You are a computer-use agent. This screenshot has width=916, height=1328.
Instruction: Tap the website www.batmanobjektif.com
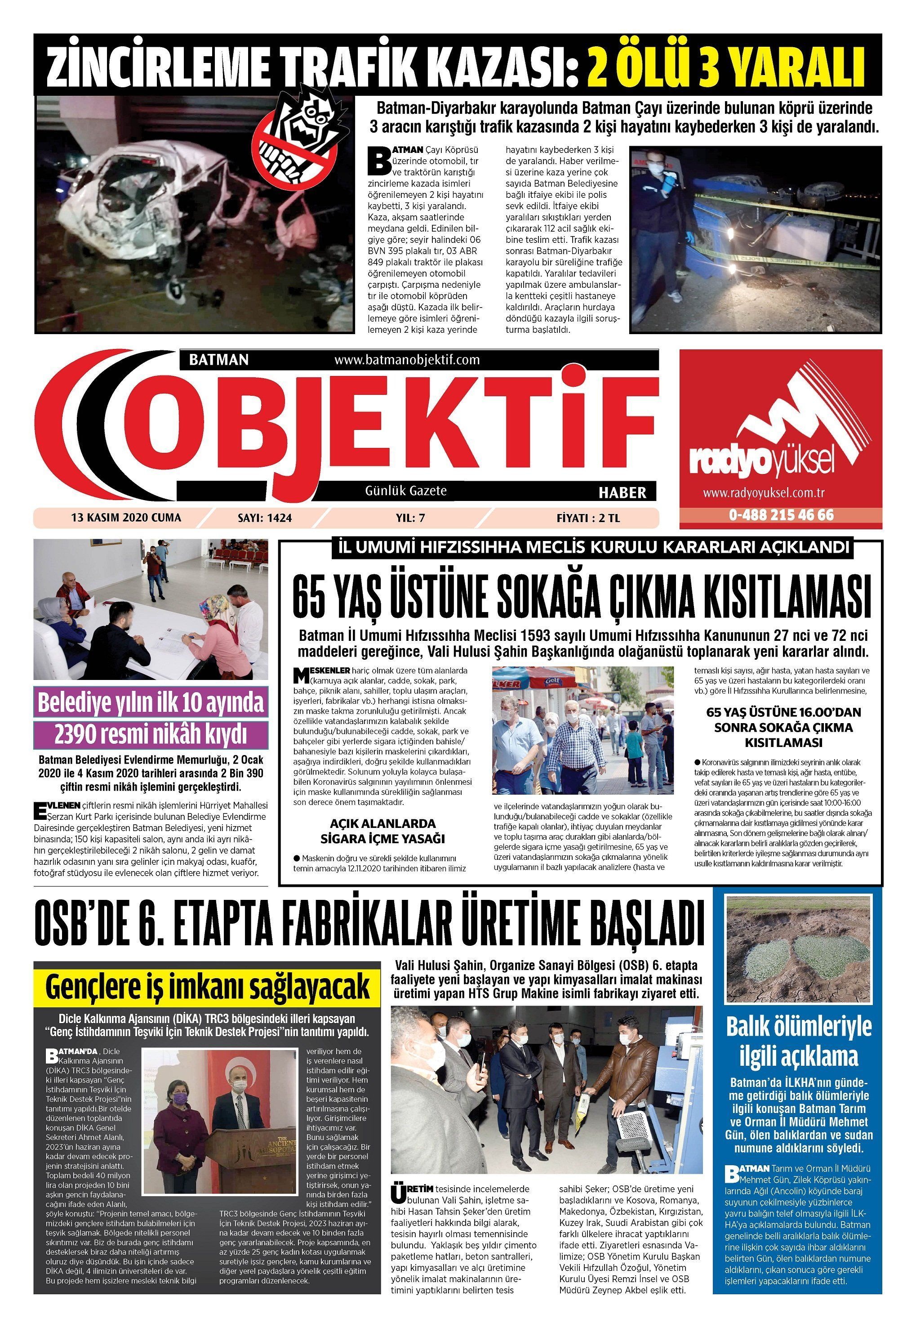click(406, 360)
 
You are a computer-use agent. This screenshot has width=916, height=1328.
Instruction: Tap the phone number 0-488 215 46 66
click(781, 515)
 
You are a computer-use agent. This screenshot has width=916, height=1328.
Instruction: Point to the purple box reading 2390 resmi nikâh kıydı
click(151, 733)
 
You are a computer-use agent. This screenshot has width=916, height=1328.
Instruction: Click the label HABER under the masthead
click(622, 492)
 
